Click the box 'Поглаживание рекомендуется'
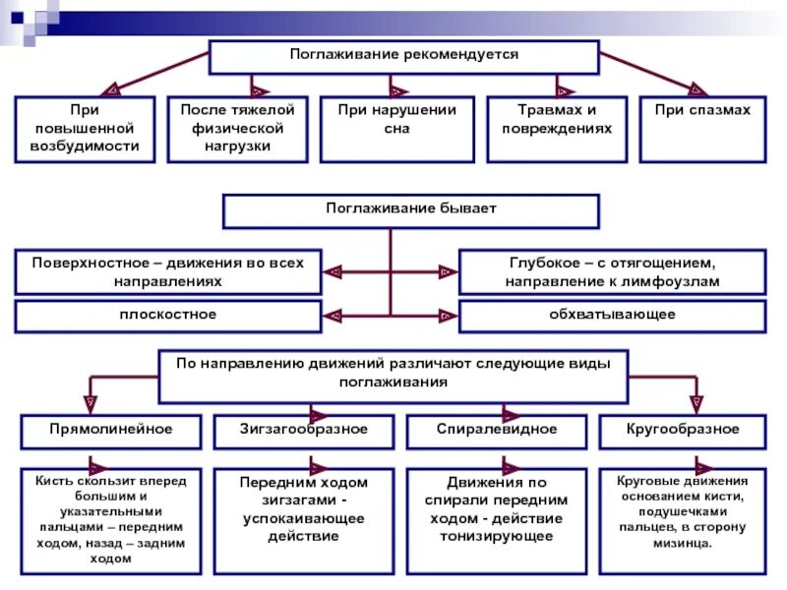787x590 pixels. point(403,56)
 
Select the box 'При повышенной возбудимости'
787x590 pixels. point(85,129)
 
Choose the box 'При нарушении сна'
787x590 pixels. point(396,129)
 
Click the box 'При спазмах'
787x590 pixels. point(702,129)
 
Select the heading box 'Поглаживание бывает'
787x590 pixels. point(410,210)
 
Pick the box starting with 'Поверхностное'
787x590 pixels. point(168,272)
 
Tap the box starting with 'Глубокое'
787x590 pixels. point(612,272)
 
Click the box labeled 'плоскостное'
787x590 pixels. point(168,316)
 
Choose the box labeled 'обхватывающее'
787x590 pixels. point(612,316)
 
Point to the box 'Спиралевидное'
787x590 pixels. point(497,431)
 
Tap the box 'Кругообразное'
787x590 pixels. point(683,431)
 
